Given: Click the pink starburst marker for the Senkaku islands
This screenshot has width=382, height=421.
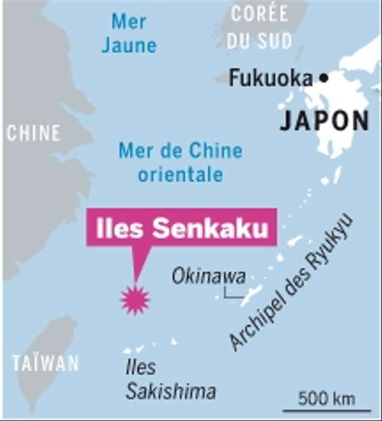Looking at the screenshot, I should (135, 300).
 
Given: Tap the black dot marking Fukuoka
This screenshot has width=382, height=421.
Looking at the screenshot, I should (324, 78).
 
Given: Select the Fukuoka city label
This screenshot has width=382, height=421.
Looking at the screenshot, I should (270, 78).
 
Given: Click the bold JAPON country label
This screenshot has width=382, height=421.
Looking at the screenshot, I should (324, 121).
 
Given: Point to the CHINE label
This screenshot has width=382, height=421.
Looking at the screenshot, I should (33, 133).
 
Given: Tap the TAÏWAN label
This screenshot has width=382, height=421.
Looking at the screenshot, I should (46, 364).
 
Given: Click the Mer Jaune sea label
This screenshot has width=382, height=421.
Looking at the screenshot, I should (129, 33).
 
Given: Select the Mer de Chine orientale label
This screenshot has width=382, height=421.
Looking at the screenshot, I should (180, 162).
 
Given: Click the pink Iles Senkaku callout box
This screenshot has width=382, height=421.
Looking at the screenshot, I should (181, 227).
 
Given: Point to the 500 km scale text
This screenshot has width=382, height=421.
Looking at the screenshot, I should (326, 398).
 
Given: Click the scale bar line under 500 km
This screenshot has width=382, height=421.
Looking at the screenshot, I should (326, 411).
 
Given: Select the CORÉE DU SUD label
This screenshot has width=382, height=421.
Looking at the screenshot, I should (260, 26).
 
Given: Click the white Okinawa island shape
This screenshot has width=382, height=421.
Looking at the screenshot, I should (252, 294).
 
